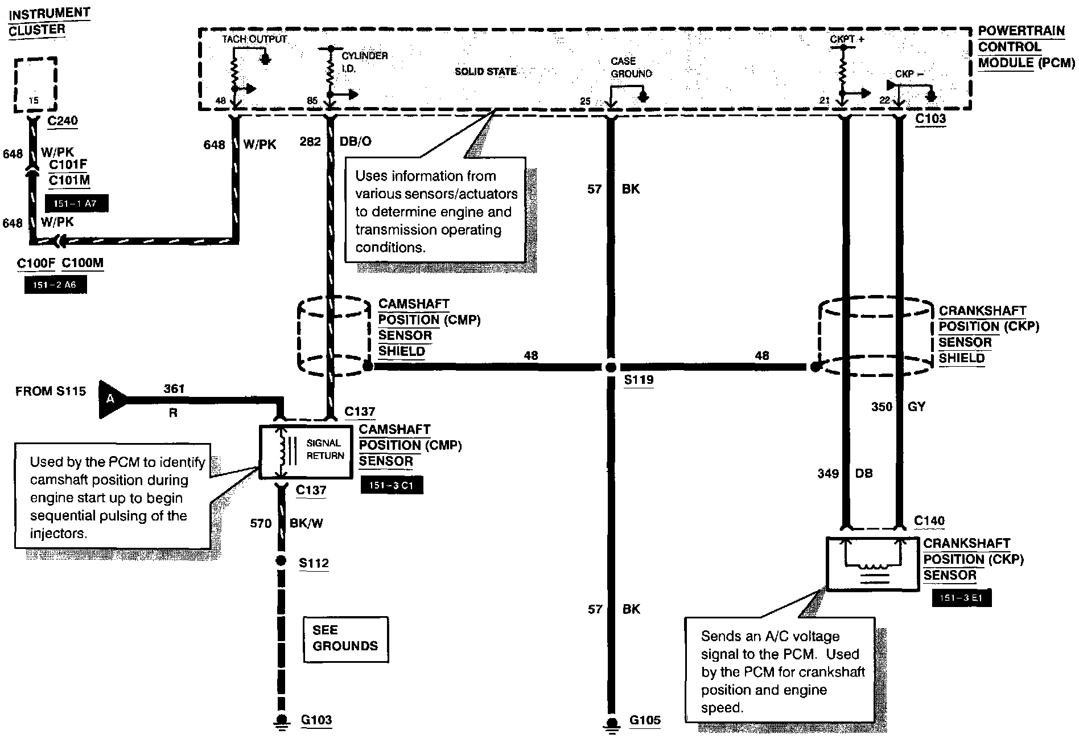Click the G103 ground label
tap(316, 720)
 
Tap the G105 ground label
tap(645, 720)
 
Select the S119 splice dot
tap(611, 367)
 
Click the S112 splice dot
tap(281, 561)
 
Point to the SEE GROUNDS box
tap(345, 639)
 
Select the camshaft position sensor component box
tap(306, 452)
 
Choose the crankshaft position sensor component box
tap(872, 564)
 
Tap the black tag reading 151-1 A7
tap(76, 203)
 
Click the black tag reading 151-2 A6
tap(55, 285)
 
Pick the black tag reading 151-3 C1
tap(392, 485)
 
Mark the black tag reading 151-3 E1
tap(961, 598)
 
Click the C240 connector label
tap(63, 121)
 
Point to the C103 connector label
tap(930, 119)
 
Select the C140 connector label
tap(929, 521)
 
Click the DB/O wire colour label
tap(356, 141)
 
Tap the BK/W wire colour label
tap(306, 523)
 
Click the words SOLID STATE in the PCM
tap(485, 72)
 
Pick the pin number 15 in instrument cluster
tap(34, 101)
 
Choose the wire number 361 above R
tap(174, 389)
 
